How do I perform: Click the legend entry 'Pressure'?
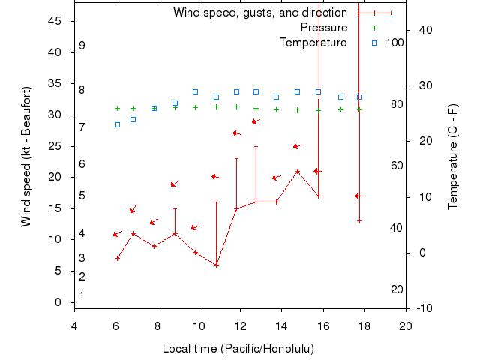[x=324, y=28]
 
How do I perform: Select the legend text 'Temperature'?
[x=313, y=43]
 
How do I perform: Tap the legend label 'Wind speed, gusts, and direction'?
[x=260, y=13]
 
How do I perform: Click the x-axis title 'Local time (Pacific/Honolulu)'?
[x=238, y=349]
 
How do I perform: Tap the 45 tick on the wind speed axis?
[x=55, y=21]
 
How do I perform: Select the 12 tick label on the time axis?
[x=240, y=326]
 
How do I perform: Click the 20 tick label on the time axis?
[x=406, y=326]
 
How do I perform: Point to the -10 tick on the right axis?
[x=423, y=308]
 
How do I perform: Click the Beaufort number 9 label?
[x=82, y=46]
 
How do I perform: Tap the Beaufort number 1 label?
[x=81, y=295]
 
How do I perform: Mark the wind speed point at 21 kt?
[x=298, y=171]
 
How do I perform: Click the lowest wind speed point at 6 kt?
[x=216, y=265]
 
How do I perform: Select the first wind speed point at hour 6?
[x=117, y=258]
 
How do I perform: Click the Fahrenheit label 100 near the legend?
[x=394, y=43]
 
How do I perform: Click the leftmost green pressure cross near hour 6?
[x=117, y=108]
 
